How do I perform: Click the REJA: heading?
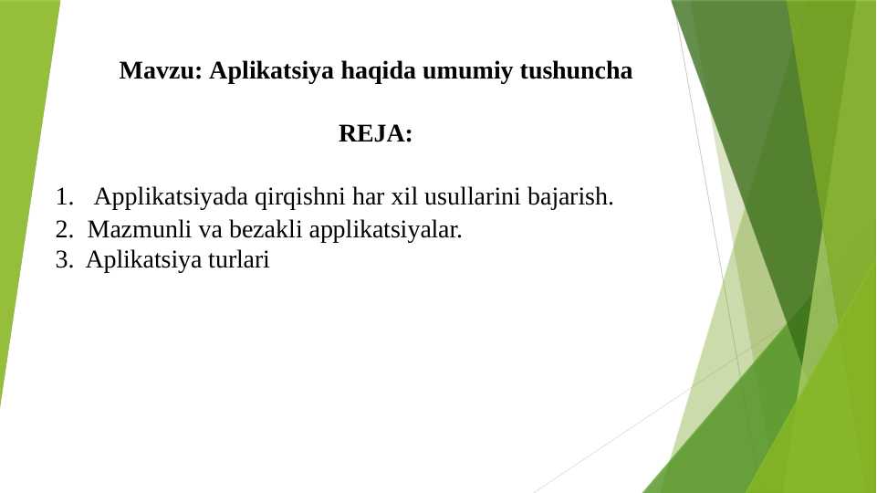click(375, 134)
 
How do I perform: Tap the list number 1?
click(63, 196)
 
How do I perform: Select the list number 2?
click(63, 229)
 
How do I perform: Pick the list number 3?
click(63, 260)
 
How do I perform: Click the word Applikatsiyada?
click(172, 197)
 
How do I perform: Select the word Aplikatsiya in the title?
click(271, 71)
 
